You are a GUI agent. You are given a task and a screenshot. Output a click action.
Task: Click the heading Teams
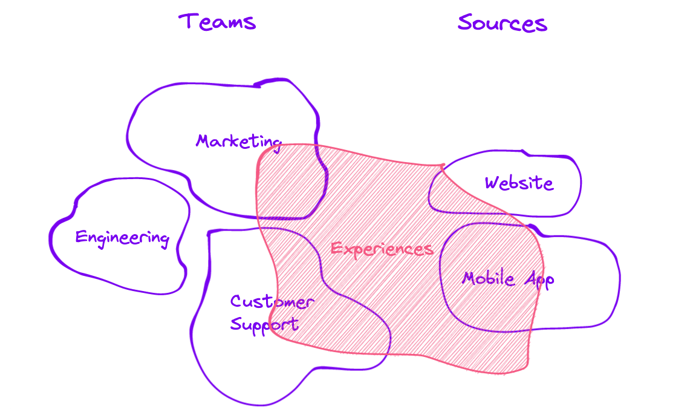(x=217, y=22)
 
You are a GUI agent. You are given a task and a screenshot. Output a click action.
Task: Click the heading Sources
(x=502, y=23)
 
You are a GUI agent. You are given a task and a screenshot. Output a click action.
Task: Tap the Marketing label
(x=238, y=142)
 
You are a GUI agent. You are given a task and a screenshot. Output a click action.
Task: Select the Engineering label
(x=122, y=238)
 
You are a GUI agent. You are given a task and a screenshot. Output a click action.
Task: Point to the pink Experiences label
(x=382, y=249)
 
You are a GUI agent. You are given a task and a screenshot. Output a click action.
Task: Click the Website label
(x=519, y=183)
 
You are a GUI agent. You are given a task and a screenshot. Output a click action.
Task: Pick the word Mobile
(x=488, y=278)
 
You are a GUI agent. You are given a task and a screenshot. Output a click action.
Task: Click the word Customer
(x=272, y=301)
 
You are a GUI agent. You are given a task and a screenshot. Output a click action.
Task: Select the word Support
(x=264, y=326)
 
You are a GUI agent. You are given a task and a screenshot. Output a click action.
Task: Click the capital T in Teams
(x=187, y=21)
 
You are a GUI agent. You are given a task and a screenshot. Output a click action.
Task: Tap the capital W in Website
(x=493, y=183)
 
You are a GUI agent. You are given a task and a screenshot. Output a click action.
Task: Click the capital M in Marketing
(x=204, y=141)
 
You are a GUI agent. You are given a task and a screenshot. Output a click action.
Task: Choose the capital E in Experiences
(x=337, y=248)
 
